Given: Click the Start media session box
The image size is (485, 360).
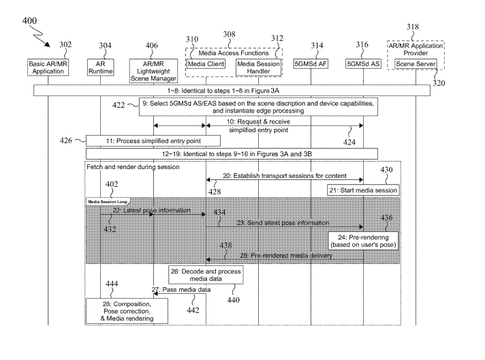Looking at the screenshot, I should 363,190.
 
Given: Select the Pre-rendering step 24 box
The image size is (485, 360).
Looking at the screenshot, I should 362,239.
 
